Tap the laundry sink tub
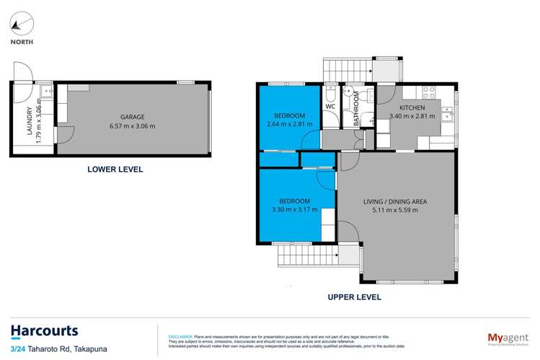click(45, 92)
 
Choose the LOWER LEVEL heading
click(115, 170)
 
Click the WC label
click(331, 107)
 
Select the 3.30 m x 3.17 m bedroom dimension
click(294, 210)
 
